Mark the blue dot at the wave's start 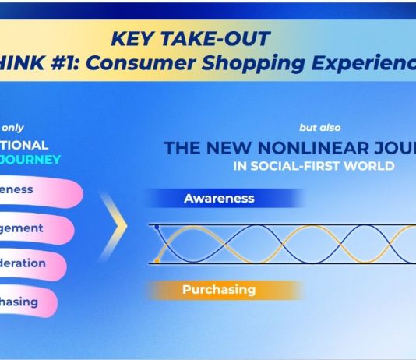click(x=157, y=227)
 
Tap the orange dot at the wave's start click(x=157, y=261)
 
